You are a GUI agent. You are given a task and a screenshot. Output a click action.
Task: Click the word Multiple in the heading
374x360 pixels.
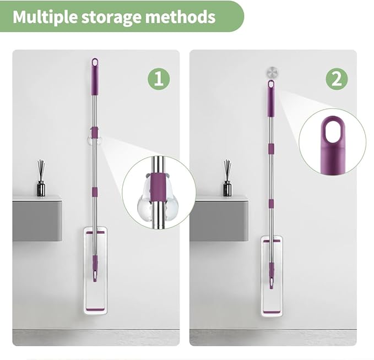pyautogui.click(x=45, y=17)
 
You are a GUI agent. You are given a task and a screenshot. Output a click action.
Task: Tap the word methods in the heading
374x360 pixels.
pyautogui.click(x=180, y=17)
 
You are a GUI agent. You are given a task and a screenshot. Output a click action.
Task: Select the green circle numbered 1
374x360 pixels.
pyautogui.click(x=159, y=79)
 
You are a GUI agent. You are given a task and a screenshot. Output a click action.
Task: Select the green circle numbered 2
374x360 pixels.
pyautogui.click(x=337, y=79)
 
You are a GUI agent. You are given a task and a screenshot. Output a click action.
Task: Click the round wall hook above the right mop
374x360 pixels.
pyautogui.click(x=272, y=73)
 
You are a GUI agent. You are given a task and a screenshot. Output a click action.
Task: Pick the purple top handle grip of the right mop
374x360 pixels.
pyautogui.click(x=270, y=98)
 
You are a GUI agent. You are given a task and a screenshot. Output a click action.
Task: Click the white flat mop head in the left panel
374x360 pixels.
pyautogui.click(x=95, y=270)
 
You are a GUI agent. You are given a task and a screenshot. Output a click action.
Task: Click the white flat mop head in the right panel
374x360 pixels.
pyautogui.click(x=272, y=276)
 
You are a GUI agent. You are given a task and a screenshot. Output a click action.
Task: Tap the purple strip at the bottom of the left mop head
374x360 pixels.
pyautogui.click(x=95, y=309)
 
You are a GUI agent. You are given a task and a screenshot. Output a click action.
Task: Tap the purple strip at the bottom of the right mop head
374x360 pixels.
pyautogui.click(x=272, y=313)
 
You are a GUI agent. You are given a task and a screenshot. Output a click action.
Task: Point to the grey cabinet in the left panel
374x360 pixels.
pyautogui.click(x=37, y=219)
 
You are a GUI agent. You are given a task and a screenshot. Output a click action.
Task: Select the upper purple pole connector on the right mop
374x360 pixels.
pyautogui.click(x=270, y=149)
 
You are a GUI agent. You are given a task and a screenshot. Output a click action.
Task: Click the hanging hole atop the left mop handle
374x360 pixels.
pyautogui.click(x=95, y=63)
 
